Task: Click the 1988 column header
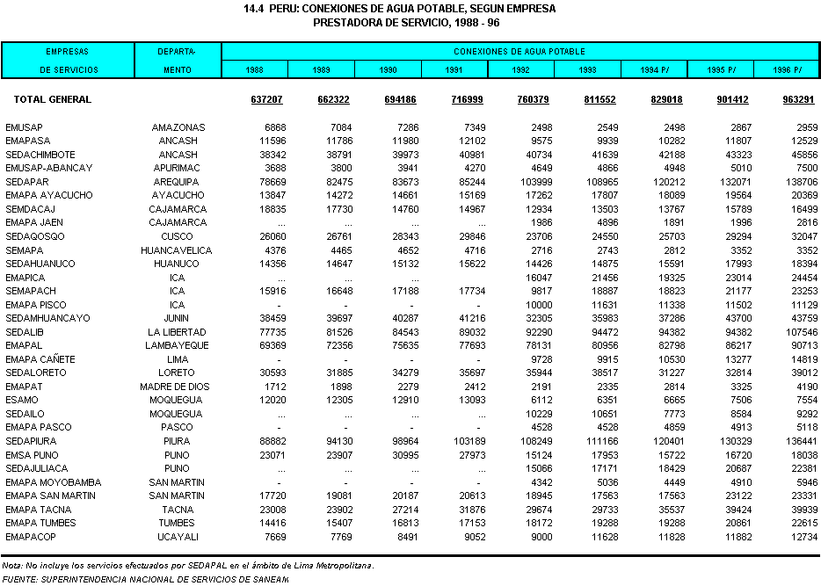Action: tap(254, 69)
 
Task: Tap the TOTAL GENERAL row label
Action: tap(47, 100)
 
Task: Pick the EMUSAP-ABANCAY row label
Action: tap(48, 169)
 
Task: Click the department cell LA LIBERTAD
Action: tap(178, 333)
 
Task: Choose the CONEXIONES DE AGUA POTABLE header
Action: tap(519, 52)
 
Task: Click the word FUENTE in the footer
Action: tap(19, 580)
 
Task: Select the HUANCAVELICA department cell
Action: tap(178, 250)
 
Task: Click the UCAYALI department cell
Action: tap(178, 537)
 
